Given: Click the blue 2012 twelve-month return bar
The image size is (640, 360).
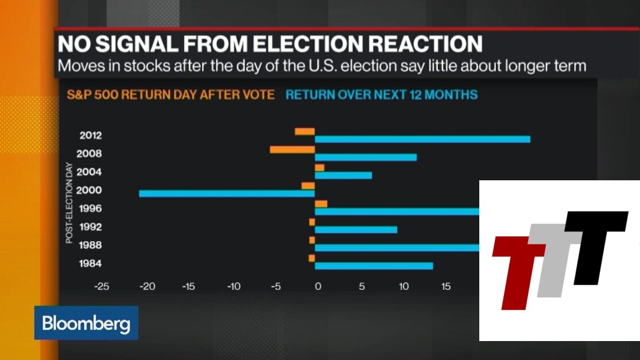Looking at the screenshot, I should (422, 139).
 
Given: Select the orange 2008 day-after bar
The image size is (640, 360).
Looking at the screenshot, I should (292, 150).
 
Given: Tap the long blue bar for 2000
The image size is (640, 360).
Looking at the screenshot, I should (227, 193).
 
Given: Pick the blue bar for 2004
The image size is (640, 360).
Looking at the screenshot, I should (343, 175).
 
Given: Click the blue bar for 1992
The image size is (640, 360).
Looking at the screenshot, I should (356, 230).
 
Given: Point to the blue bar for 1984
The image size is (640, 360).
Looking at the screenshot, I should (374, 266).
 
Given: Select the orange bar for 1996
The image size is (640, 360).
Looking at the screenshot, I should (321, 204).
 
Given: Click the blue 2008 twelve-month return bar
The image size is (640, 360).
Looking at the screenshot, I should (366, 157).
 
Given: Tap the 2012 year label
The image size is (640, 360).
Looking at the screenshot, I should (91, 136).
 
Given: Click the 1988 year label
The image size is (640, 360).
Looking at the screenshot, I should (91, 245).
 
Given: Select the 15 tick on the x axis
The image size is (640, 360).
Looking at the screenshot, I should (446, 287).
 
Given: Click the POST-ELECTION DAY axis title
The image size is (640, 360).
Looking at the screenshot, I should (69, 203).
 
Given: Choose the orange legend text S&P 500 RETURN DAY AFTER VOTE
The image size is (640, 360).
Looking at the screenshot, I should (170, 94).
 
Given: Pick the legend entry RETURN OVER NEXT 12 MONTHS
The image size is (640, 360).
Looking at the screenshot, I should (382, 94).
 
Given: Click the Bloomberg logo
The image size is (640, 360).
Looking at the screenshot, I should (86, 323).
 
